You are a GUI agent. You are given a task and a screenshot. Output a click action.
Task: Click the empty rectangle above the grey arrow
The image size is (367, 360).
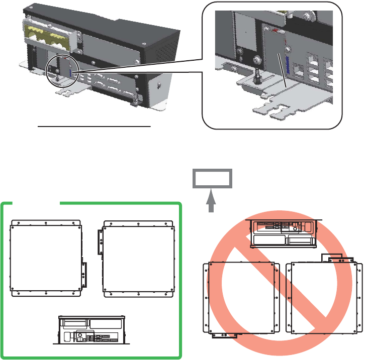pos(213,179)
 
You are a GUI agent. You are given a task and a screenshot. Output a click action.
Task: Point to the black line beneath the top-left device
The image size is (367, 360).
pos(95,127)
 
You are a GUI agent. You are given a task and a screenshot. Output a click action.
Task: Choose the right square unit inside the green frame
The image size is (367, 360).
pos(139,259)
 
